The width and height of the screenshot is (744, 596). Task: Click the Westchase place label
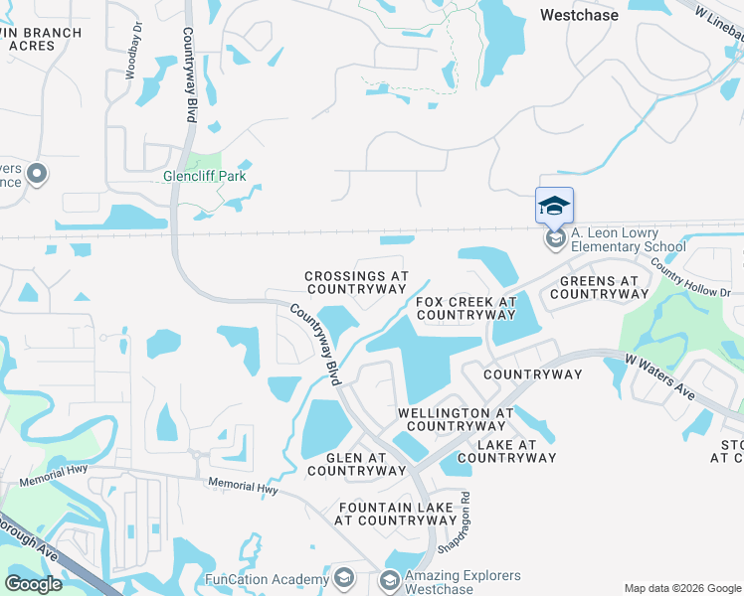578,15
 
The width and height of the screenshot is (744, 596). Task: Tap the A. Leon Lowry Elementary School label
628,239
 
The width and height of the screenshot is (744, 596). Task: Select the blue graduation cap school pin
554,207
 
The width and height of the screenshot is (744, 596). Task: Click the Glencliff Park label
204,177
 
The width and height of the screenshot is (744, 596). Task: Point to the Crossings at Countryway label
356,282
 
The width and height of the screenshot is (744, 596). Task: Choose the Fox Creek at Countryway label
465,308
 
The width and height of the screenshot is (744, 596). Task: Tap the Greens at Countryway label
594,287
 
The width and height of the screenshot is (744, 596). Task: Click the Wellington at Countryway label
457,419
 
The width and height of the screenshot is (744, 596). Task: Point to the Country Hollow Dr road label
689,278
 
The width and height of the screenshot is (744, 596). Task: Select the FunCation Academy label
267,579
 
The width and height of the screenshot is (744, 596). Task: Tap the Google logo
33,584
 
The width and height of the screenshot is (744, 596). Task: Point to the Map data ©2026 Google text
682,588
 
